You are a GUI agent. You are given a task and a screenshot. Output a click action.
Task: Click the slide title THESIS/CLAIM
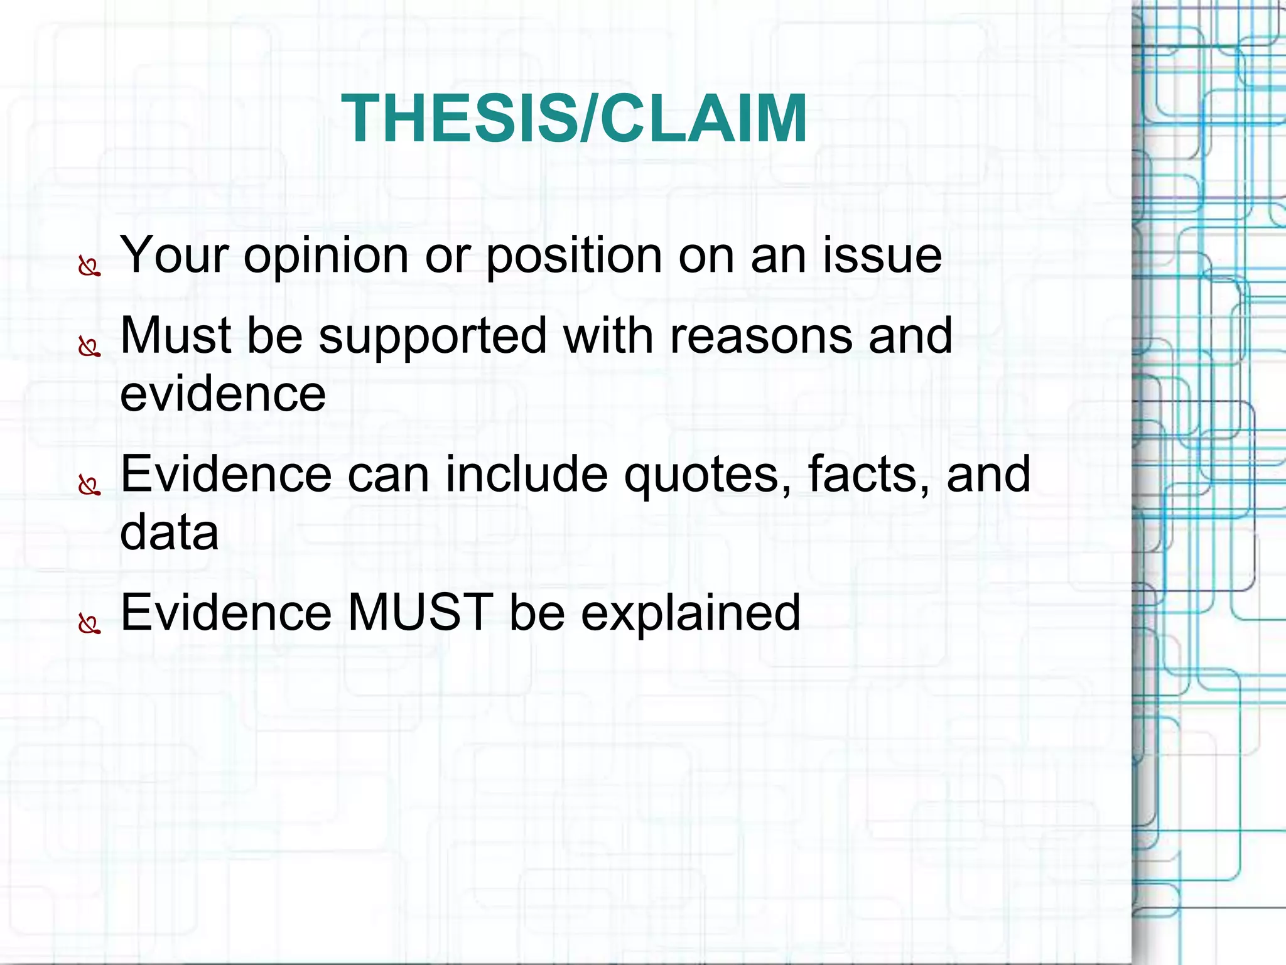tap(574, 119)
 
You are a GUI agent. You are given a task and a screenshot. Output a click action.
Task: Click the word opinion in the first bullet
tap(326, 256)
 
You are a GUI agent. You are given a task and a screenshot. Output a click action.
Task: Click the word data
tap(170, 532)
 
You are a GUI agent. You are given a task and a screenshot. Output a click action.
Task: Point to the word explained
tap(690, 614)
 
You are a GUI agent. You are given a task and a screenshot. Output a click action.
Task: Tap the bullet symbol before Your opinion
tap(89, 267)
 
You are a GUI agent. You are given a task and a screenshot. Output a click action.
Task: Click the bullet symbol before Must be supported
tap(89, 347)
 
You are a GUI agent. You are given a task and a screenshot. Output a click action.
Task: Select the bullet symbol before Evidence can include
tap(89, 485)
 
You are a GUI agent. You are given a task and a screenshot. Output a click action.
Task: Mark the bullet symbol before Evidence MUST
tap(89, 624)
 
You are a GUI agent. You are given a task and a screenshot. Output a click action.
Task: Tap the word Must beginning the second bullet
tap(176, 336)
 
